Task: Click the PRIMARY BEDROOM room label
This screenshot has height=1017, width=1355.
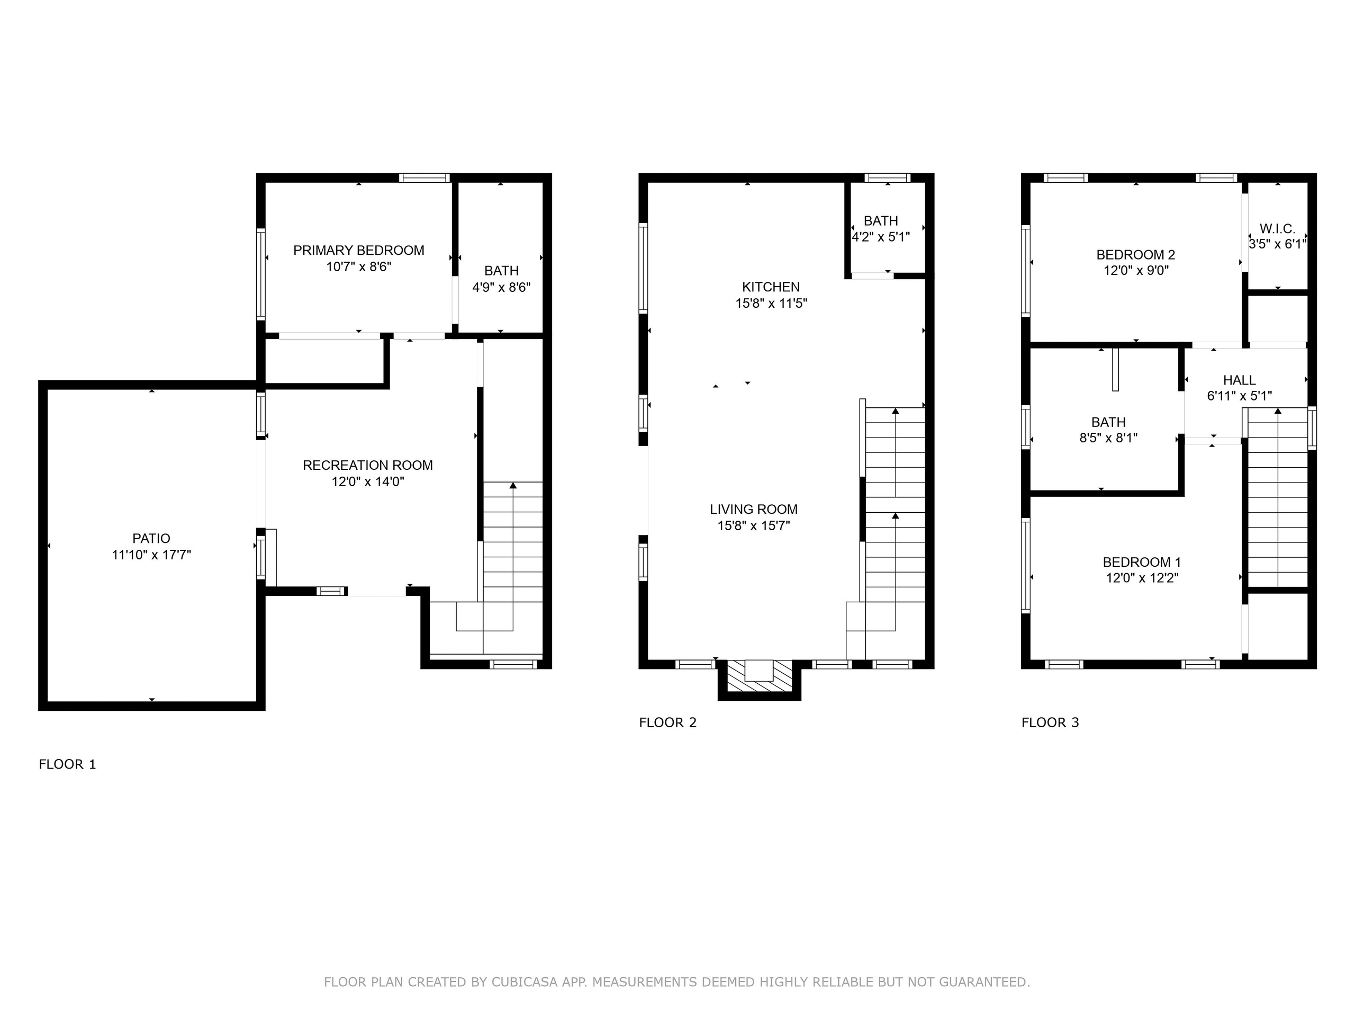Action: click(x=358, y=250)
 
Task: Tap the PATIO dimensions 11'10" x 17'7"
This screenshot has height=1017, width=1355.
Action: click(x=151, y=555)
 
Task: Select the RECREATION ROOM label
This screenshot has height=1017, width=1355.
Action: click(x=367, y=465)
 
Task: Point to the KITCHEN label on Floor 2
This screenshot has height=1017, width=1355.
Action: click(x=771, y=287)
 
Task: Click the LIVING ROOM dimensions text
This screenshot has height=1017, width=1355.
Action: click(x=754, y=525)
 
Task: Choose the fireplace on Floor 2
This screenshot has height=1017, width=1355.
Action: click(x=760, y=679)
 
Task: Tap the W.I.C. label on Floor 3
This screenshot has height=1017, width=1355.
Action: click(x=1277, y=229)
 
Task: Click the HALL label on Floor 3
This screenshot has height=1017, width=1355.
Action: click(x=1239, y=380)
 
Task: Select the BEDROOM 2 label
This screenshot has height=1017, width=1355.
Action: click(x=1136, y=254)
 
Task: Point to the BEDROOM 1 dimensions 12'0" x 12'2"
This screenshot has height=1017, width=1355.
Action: click(x=1142, y=577)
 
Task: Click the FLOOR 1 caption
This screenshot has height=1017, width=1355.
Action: click(x=67, y=764)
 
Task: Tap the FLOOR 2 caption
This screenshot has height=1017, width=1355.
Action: click(x=667, y=722)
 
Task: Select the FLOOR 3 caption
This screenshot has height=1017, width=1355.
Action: click(x=1050, y=722)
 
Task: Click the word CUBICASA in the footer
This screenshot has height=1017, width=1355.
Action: click(x=525, y=982)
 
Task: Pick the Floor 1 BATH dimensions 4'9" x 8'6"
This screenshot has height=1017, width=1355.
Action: click(x=501, y=287)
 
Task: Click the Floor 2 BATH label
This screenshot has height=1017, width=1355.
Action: click(x=881, y=221)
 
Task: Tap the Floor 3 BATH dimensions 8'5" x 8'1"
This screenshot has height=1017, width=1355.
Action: click(x=1108, y=438)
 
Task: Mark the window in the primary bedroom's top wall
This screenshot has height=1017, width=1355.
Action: click(x=424, y=178)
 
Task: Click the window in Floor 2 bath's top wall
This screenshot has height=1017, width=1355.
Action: click(x=888, y=178)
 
